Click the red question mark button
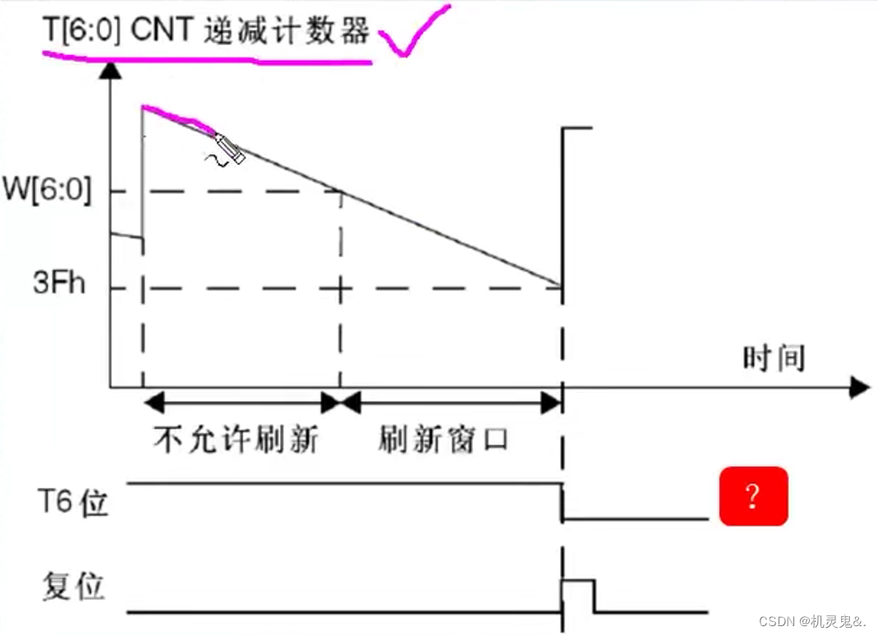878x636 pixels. pos(753,496)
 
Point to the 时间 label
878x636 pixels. pos(774,358)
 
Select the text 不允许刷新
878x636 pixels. pos(236,440)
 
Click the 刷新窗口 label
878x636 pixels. pos(444,440)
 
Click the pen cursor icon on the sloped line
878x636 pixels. pos(228,149)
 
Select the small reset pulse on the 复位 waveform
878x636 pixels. pos(577,594)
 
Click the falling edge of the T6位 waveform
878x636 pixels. pos(562,501)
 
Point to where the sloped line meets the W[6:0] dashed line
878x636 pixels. pos(340,192)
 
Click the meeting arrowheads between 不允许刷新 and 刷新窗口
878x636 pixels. pos(340,403)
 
